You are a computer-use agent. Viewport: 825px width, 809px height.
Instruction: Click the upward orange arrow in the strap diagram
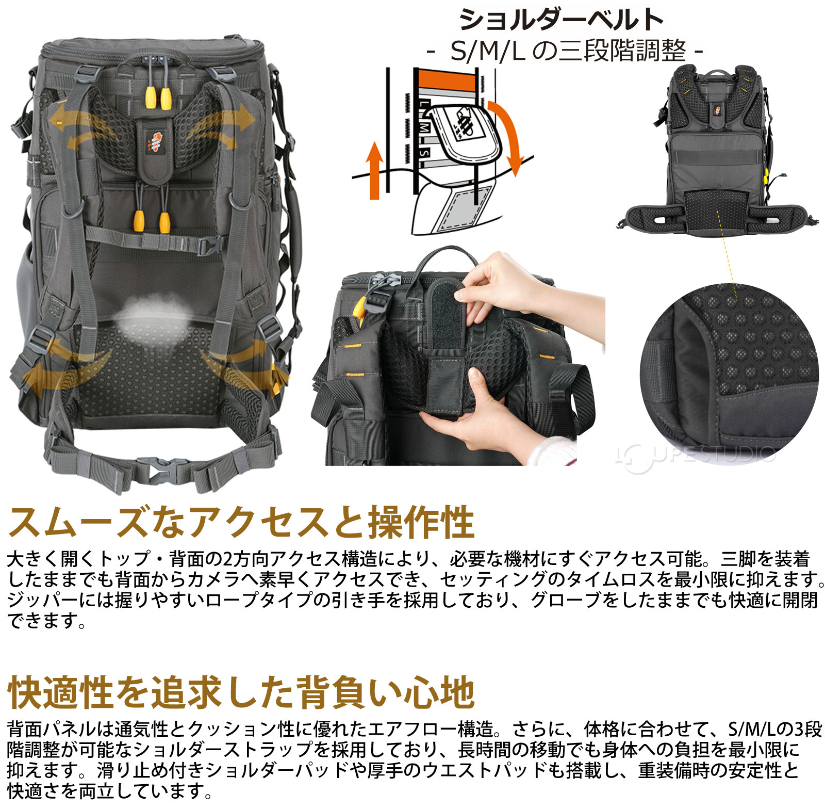[x=375, y=170]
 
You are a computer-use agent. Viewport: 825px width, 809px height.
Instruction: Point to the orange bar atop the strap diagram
[x=446, y=80]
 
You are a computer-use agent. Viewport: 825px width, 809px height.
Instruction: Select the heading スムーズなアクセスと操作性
[x=241, y=522]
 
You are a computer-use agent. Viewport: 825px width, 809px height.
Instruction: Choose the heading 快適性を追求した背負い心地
[x=241, y=692]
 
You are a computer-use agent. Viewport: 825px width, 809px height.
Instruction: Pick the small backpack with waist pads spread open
[x=717, y=150]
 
